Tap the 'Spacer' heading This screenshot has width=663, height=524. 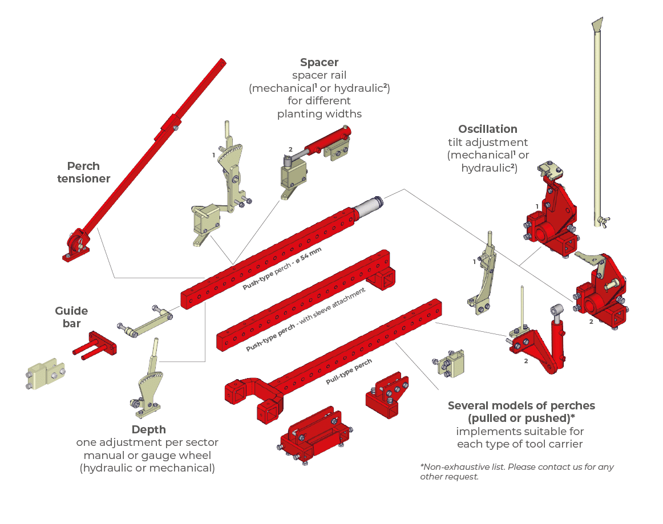[319, 63]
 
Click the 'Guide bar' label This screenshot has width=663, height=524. [71, 317]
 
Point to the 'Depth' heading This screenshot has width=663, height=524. [148, 429]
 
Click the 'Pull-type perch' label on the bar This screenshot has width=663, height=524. [349, 372]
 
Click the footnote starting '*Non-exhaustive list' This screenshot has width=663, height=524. [516, 472]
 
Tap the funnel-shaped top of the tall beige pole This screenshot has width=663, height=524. [597, 25]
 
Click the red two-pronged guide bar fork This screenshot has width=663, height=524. [95, 346]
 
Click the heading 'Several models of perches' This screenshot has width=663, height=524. [521, 406]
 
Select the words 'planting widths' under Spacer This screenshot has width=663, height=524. [319, 113]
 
